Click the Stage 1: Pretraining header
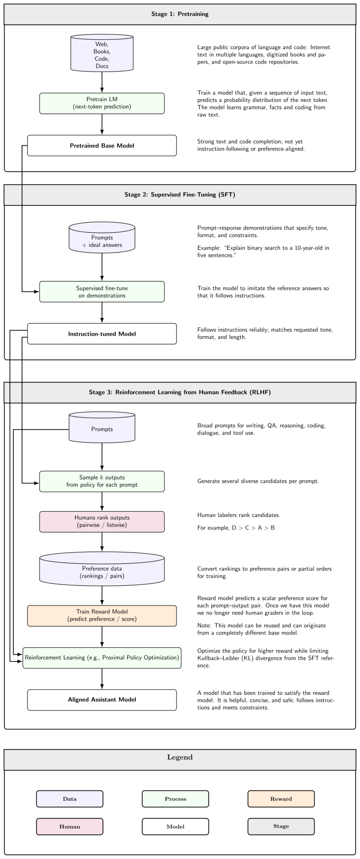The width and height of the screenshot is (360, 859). pos(180,14)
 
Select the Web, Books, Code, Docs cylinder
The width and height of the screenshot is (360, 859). pos(102,53)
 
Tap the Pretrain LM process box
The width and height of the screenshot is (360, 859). pos(102,103)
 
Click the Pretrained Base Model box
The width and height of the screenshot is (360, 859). pos(102,146)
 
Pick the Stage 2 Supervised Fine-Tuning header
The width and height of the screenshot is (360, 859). pos(180,195)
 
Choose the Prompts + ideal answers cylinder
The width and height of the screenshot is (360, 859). pos(102,238)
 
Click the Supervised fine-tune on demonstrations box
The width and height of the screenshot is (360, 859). pos(102,292)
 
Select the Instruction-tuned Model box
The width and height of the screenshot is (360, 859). pos(102,334)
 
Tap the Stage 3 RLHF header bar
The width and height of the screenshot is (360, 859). pos(180,393)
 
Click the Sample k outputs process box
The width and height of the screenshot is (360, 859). pos(102,482)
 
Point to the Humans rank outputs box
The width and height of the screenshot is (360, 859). pos(102,522)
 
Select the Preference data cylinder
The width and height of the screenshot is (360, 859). pos(102,569)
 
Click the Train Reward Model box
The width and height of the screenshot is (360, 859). pos(102,616)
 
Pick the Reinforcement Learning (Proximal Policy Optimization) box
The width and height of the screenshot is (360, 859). pos(102,658)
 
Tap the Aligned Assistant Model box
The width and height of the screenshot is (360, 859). pos(102,700)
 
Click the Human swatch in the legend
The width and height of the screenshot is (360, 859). pos(70,826)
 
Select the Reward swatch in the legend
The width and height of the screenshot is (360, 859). pos(281,799)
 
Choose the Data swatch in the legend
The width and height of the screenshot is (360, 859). pos(70,799)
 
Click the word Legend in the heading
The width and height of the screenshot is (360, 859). pos(180,757)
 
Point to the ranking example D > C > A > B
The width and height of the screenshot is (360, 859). pos(253,528)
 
